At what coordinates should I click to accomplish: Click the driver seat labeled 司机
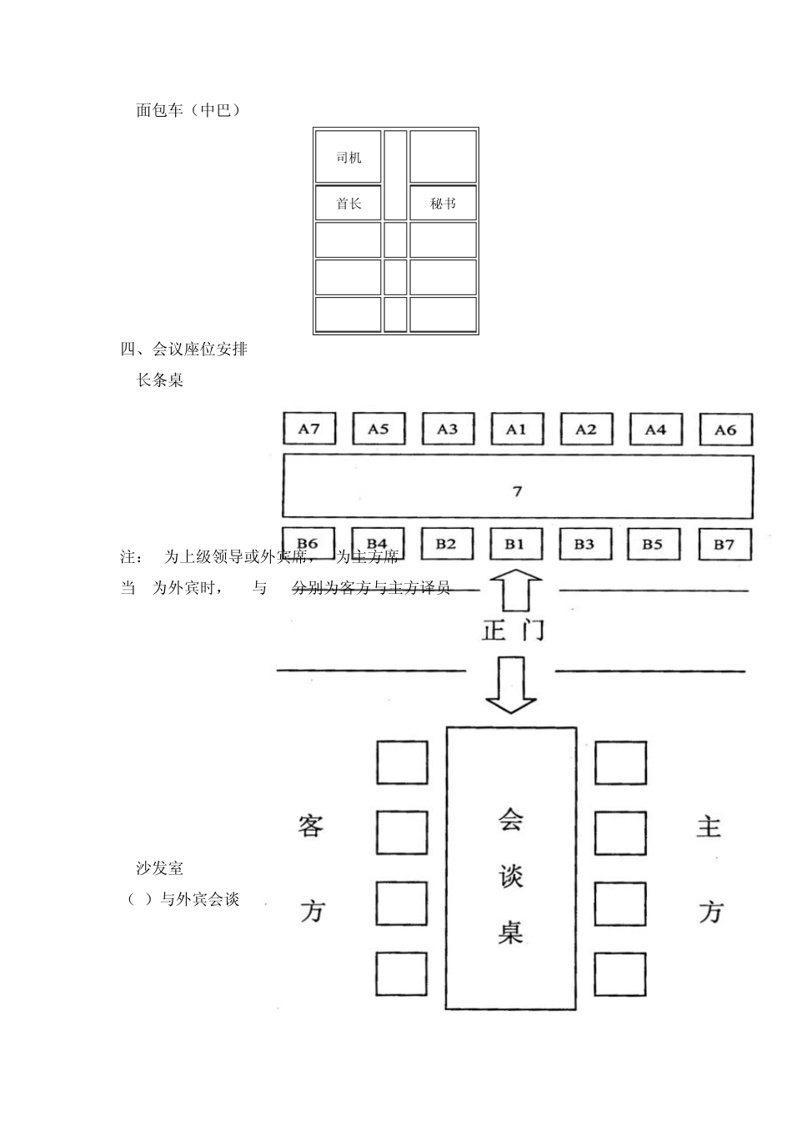click(x=348, y=158)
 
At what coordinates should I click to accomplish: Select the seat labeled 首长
click(x=348, y=204)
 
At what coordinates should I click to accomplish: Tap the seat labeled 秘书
click(x=443, y=204)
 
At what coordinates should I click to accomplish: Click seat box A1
click(x=516, y=430)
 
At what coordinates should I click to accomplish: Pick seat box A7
click(x=308, y=429)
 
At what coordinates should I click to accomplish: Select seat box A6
click(x=725, y=430)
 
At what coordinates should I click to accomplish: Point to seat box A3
click(x=448, y=430)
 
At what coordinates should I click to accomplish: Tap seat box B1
click(x=514, y=545)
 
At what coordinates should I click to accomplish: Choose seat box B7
click(x=724, y=545)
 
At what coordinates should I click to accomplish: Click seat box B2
click(x=446, y=545)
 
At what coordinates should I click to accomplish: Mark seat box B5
click(x=653, y=545)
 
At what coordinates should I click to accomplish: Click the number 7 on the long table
click(x=517, y=491)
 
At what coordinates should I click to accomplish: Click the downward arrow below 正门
click(x=511, y=684)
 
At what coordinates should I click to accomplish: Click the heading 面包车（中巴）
click(x=188, y=110)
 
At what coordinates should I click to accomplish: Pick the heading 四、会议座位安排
click(x=184, y=349)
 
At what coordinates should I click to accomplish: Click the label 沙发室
click(x=160, y=868)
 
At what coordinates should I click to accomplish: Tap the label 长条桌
click(x=160, y=380)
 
